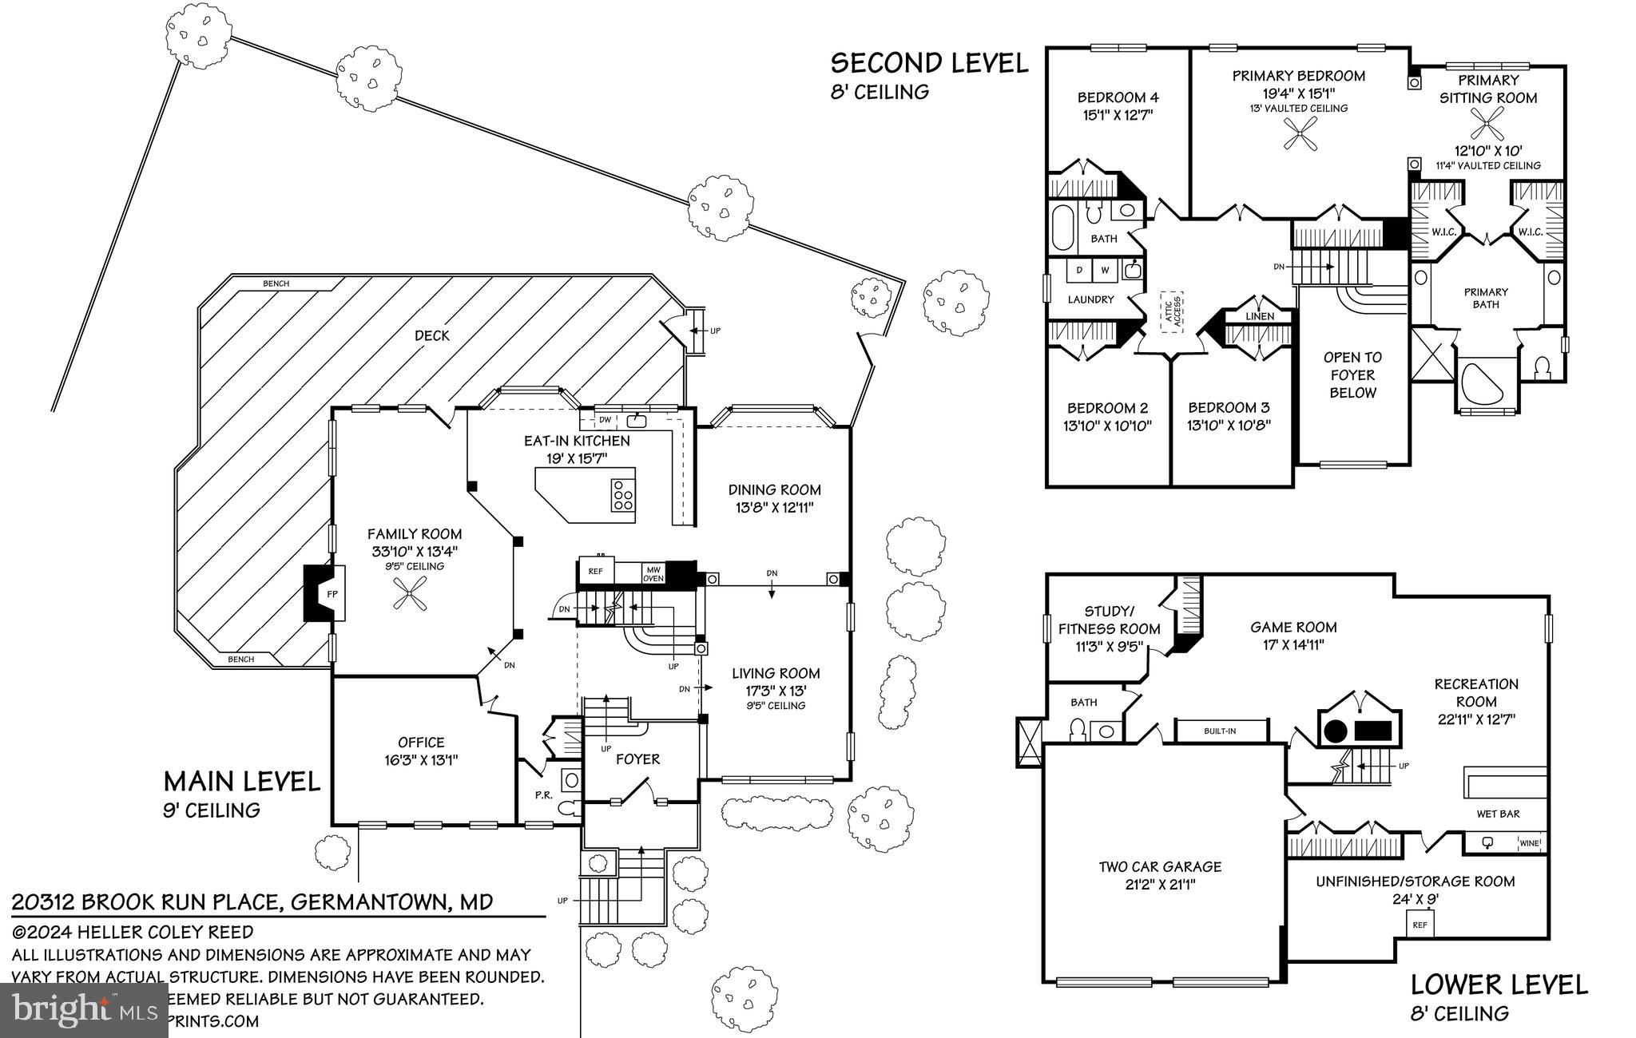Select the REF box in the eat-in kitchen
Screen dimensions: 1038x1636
point(595,572)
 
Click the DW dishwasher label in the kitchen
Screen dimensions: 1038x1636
point(605,419)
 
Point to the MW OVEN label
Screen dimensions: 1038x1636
point(653,573)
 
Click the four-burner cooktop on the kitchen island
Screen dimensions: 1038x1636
point(622,495)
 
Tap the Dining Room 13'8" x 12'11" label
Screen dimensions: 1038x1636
point(774,498)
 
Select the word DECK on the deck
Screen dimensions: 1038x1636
point(432,335)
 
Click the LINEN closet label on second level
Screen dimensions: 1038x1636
point(1260,316)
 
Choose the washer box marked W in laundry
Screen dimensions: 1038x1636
point(1106,271)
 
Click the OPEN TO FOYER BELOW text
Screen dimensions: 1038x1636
point(1352,374)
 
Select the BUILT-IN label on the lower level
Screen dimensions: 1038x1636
point(1220,731)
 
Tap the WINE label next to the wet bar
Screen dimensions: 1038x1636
point(1529,843)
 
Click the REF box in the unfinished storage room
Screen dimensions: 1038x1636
point(1420,925)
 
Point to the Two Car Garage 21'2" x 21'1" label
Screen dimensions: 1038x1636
point(1160,875)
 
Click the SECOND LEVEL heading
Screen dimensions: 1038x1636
point(929,63)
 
